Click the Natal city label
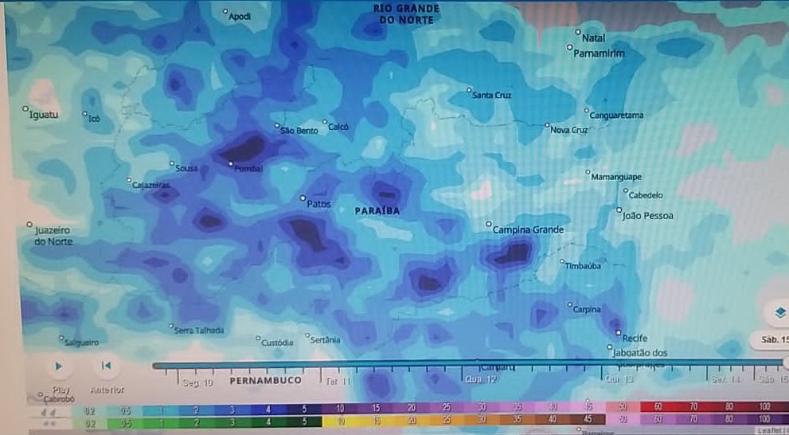[594, 38]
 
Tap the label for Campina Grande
[528, 230]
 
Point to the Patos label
[318, 204]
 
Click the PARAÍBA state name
[377, 212]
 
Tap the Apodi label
[239, 17]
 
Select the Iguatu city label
[44, 115]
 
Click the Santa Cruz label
[492, 96]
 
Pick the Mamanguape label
[617, 177]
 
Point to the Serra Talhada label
[199, 331]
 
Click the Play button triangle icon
[58, 366]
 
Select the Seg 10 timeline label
[198, 382]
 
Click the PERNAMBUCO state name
[265, 381]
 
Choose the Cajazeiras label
[151, 186]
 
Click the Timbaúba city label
[583, 267]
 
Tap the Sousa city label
[186, 168]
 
